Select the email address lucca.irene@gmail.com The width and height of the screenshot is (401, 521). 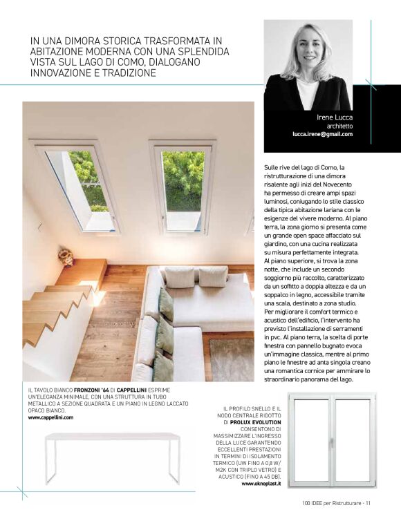coord(322,135)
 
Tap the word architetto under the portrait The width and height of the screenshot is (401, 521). coord(340,126)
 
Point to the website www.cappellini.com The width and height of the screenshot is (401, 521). coord(50,418)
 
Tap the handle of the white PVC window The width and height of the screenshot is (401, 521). coord(331,442)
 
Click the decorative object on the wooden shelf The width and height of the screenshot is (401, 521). coord(66,258)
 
